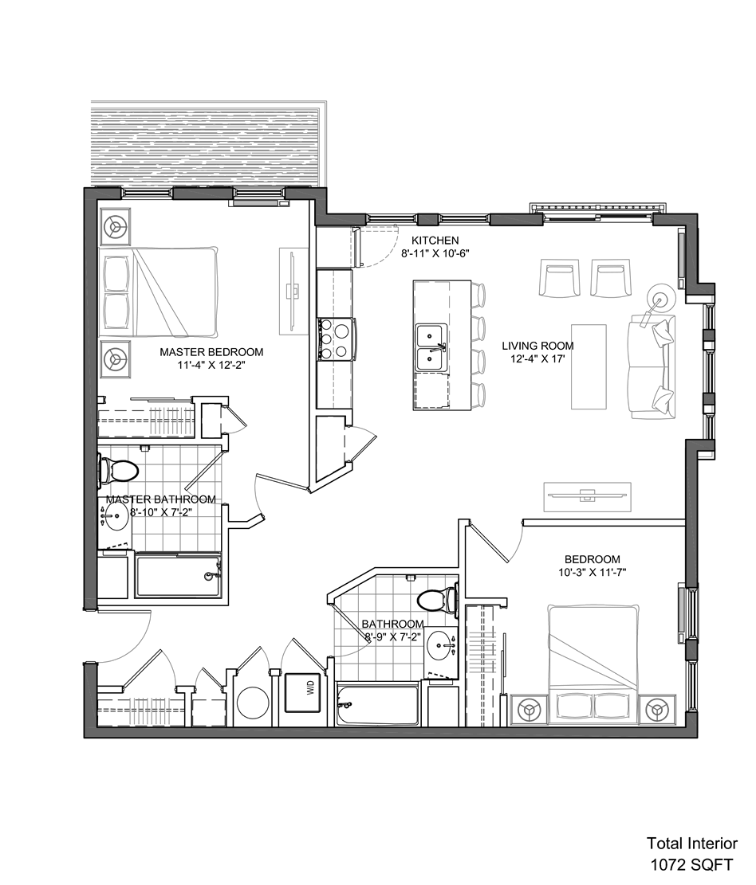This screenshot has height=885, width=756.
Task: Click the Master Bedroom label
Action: [x=211, y=352]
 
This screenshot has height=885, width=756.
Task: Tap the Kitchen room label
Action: [x=435, y=241]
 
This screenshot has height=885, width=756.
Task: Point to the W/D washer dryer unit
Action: [x=305, y=692]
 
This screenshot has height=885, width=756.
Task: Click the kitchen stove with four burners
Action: [x=337, y=339]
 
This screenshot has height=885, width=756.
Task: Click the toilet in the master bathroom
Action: [x=118, y=472]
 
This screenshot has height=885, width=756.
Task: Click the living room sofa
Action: [x=652, y=368]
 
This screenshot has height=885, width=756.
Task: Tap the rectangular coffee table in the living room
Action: [x=589, y=366]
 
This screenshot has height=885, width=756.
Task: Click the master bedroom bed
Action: [x=159, y=292]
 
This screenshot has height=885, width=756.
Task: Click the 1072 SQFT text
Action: [x=692, y=864]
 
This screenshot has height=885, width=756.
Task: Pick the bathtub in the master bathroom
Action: [x=177, y=576]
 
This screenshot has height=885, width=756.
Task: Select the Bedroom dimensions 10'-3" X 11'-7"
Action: [x=593, y=572]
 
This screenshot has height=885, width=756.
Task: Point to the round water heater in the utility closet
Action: [x=252, y=703]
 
